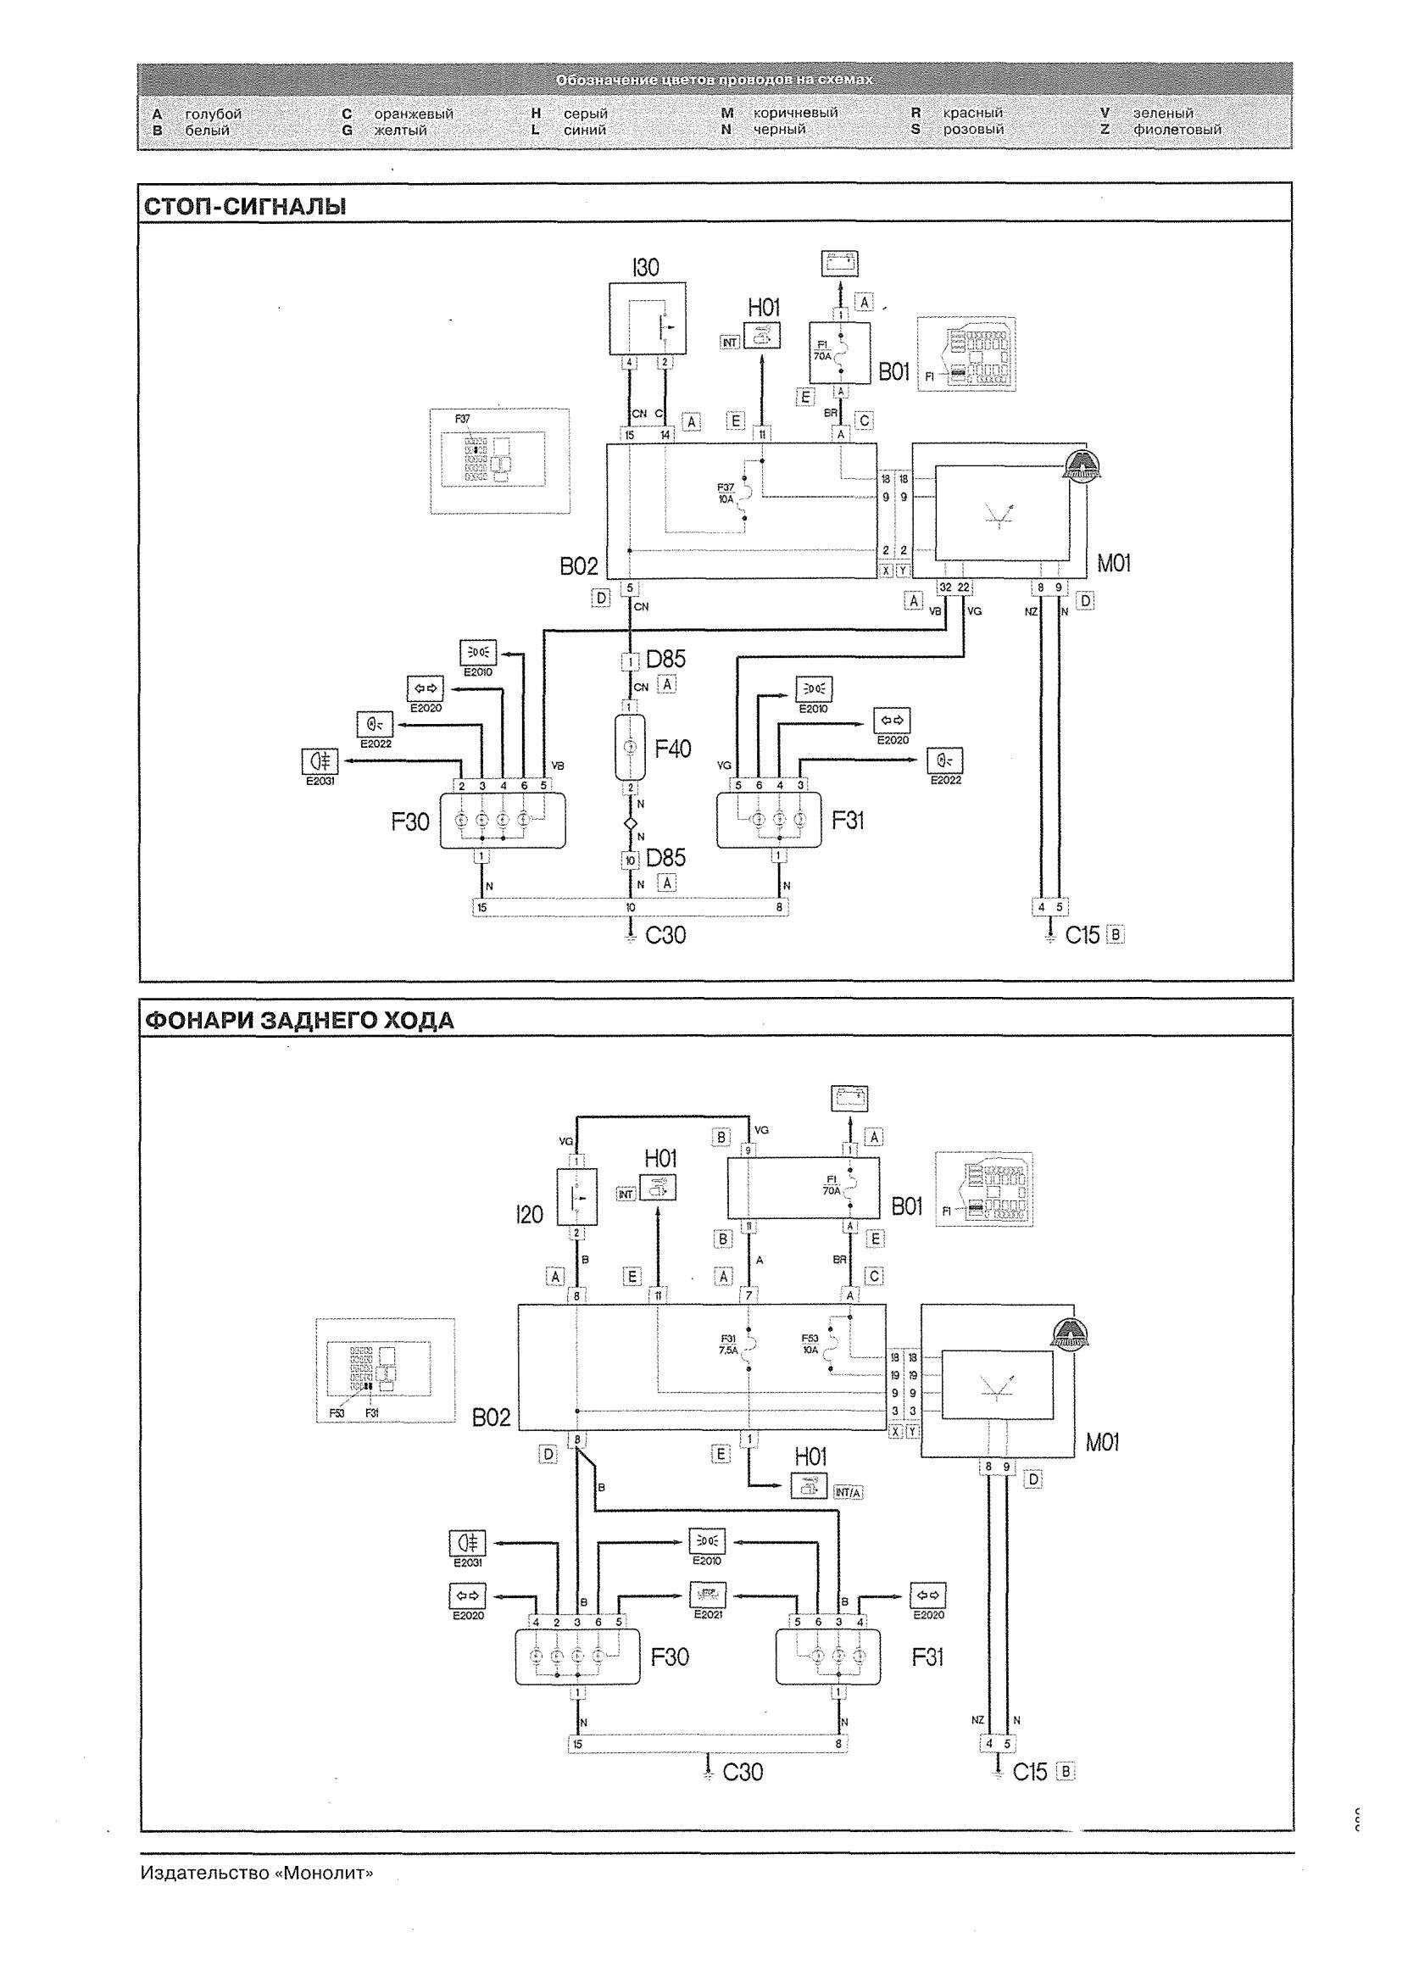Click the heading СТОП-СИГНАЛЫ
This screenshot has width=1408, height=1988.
coord(244,207)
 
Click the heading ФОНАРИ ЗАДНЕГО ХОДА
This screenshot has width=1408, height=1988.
coord(298,1021)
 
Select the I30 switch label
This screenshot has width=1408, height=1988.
coord(646,268)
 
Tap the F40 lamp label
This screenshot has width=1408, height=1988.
coord(673,749)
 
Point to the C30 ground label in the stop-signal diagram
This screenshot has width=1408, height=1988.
coord(665,935)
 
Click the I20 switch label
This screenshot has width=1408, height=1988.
coord(529,1215)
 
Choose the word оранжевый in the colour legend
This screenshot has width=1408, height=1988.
coord(414,114)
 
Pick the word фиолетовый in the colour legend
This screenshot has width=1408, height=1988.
coord(1177,130)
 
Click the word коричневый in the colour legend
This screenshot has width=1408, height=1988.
coord(795,114)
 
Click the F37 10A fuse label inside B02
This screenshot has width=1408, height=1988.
coord(726,493)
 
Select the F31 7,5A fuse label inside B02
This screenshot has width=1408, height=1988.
coord(727,1345)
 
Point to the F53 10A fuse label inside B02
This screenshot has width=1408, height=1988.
coord(810,1344)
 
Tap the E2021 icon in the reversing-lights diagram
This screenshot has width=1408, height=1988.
coord(708,1593)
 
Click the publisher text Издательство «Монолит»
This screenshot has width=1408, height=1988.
coord(257,1874)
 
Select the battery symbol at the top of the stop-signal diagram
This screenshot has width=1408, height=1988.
coord(840,262)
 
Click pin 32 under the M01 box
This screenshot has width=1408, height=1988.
coord(945,587)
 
